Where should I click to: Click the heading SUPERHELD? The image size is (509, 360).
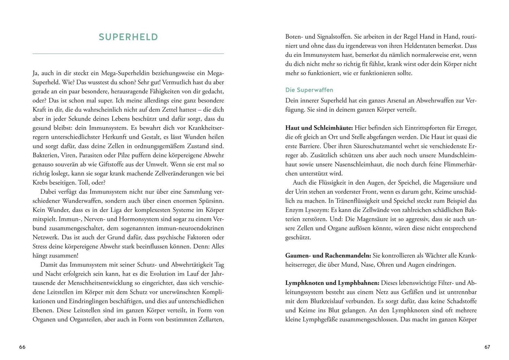[x=128, y=37]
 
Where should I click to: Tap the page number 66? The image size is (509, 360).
[x=22, y=347]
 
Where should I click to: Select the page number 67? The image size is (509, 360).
[x=487, y=347]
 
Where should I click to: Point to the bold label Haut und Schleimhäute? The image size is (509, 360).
[x=319, y=128]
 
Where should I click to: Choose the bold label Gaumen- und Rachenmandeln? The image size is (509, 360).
[x=328, y=255]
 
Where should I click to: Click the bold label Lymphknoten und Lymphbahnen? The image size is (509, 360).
[x=332, y=283]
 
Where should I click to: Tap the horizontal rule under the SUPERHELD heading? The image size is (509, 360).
[x=128, y=54]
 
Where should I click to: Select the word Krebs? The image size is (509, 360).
[x=40, y=183]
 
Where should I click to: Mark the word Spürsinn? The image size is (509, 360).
[x=211, y=201]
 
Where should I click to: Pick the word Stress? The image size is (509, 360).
[x=40, y=246]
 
